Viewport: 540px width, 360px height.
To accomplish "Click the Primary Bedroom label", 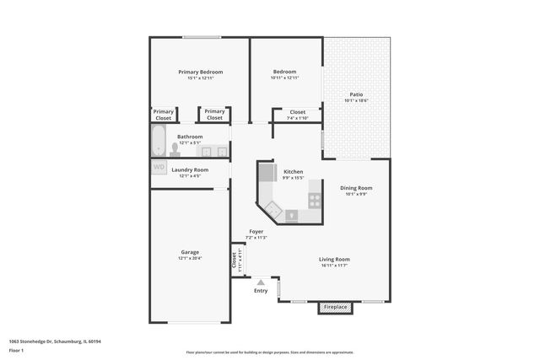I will pyautogui.click(x=201, y=73).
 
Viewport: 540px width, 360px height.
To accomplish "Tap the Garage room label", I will pyautogui.click(x=190, y=252).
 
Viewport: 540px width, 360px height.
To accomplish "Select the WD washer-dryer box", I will pyautogui.click(x=159, y=167).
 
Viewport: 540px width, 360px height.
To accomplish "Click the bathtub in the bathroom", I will pyautogui.click(x=159, y=142).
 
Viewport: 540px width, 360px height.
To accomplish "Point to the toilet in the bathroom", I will pyautogui.click(x=175, y=150).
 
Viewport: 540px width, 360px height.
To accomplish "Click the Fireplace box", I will pyautogui.click(x=336, y=307).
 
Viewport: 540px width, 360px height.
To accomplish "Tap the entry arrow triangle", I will pyautogui.click(x=262, y=282).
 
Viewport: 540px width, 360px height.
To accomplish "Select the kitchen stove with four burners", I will pyautogui.click(x=315, y=201).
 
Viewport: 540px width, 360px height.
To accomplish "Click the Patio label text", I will pyautogui.click(x=356, y=94).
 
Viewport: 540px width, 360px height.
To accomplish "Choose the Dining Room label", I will pyautogui.click(x=356, y=188).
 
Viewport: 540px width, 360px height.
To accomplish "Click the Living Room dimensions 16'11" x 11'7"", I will pyautogui.click(x=334, y=266).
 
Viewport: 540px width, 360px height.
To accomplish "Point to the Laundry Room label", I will pyautogui.click(x=190, y=169).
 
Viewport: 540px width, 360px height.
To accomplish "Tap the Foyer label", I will pyautogui.click(x=256, y=231).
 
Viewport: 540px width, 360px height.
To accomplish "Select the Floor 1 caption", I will pyautogui.click(x=16, y=352).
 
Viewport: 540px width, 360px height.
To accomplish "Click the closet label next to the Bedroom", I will pyautogui.click(x=298, y=111).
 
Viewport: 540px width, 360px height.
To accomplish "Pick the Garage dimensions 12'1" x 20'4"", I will pyautogui.click(x=190, y=259).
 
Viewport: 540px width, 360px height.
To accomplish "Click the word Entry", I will pyautogui.click(x=262, y=291).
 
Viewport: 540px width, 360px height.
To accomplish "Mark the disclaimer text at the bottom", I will pyautogui.click(x=270, y=352).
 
